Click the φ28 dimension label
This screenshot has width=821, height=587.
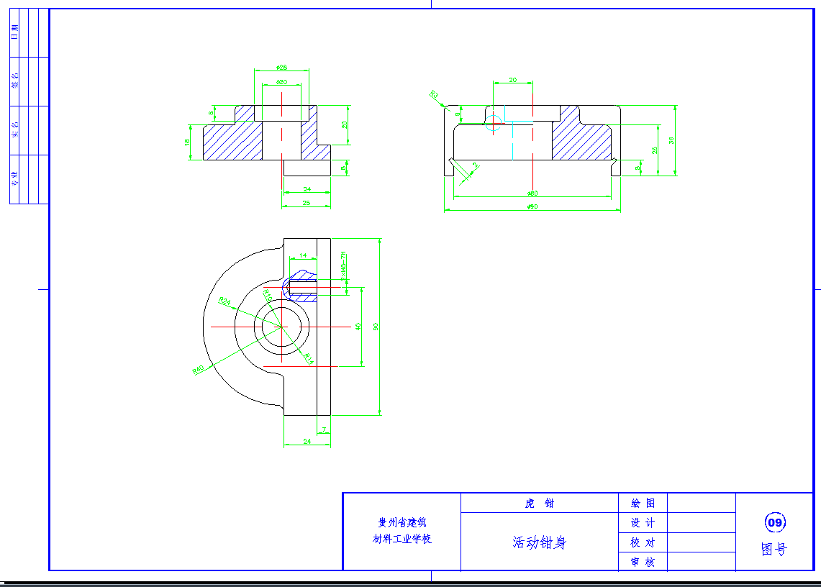(x=281, y=68)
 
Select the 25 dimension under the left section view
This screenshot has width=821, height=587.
(x=307, y=204)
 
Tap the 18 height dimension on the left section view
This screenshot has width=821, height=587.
(x=188, y=142)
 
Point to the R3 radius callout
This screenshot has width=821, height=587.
(x=434, y=95)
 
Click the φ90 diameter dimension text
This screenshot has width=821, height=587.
(x=532, y=207)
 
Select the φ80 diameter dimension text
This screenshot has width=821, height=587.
(x=532, y=194)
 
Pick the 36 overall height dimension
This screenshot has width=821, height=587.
(x=671, y=140)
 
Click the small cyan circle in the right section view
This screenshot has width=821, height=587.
(x=494, y=122)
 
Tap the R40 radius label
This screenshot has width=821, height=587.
(x=199, y=369)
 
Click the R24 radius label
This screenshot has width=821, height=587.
(x=224, y=302)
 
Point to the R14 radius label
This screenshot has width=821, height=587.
(x=309, y=357)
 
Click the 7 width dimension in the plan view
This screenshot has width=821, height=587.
(x=324, y=430)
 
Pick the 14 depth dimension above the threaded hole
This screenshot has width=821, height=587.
(x=303, y=255)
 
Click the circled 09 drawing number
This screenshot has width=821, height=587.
(x=774, y=522)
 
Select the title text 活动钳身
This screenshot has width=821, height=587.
(x=539, y=542)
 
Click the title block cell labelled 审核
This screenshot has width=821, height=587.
(x=643, y=562)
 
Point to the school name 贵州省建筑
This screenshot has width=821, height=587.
(x=402, y=523)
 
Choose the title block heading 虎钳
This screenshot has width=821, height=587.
(x=539, y=503)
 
